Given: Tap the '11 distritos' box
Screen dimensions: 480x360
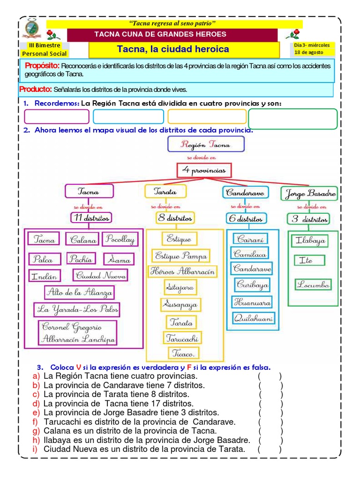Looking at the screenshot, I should tap(91, 217).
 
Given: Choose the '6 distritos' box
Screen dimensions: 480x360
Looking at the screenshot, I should tap(246, 218).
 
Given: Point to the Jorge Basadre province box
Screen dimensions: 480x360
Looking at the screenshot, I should tap(308, 193).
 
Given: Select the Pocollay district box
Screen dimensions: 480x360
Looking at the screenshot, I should tap(119, 239).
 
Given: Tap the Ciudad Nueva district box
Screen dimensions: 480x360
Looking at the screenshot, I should tap(100, 275).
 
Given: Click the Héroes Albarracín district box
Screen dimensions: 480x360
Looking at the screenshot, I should tap(182, 271).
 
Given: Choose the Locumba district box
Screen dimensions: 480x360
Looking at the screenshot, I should tap(313, 284).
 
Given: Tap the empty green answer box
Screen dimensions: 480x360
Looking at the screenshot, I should tap(292, 119).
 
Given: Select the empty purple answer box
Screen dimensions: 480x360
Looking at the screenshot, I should tap(56, 116).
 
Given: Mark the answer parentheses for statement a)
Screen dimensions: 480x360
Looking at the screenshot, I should tap(269, 376).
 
